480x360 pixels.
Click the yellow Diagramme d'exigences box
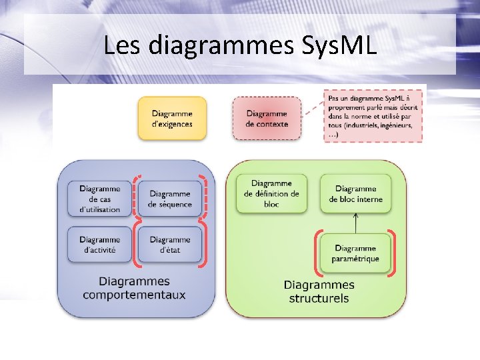pyautogui.click(x=172, y=119)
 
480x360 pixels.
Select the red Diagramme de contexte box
pyautogui.click(x=267, y=119)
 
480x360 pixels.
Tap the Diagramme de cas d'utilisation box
pyautogui.click(x=99, y=199)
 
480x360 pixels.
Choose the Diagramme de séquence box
pyautogui.click(x=170, y=199)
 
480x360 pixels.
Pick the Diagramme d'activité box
pyautogui.click(x=99, y=245)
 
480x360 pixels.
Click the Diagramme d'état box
pyautogui.click(x=170, y=245)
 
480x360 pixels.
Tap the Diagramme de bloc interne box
pyautogui.click(x=355, y=194)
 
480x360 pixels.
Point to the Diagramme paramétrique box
pyautogui.click(x=356, y=253)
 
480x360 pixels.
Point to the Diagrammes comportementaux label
pyautogui.click(x=134, y=288)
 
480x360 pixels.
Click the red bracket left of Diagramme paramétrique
pyautogui.click(x=316, y=253)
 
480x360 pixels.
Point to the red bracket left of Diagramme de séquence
pyautogui.click(x=135, y=196)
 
